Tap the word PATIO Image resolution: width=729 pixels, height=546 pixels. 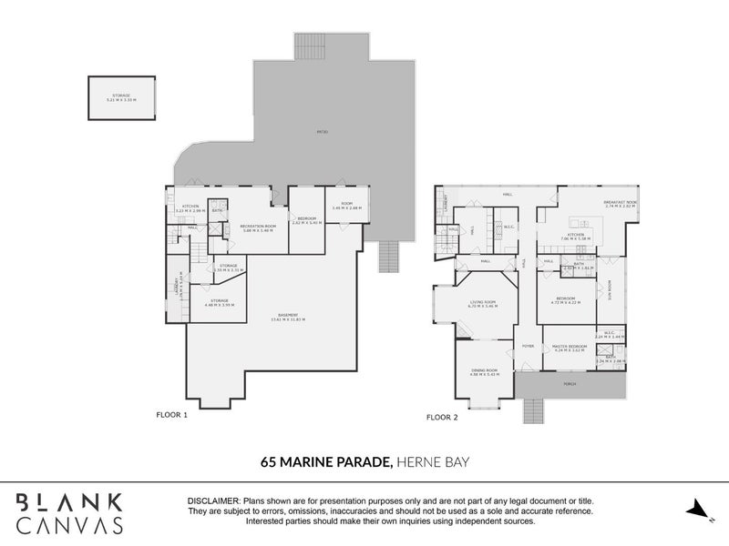322,133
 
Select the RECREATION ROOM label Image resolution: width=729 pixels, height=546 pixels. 258,227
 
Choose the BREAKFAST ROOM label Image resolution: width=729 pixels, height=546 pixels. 620,204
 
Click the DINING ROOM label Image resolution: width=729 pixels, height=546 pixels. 484,370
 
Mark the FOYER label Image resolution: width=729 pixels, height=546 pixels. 527,347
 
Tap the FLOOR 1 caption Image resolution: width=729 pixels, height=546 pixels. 171,415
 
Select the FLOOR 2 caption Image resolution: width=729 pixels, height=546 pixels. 443,418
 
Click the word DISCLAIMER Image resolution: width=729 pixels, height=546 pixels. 213,501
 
